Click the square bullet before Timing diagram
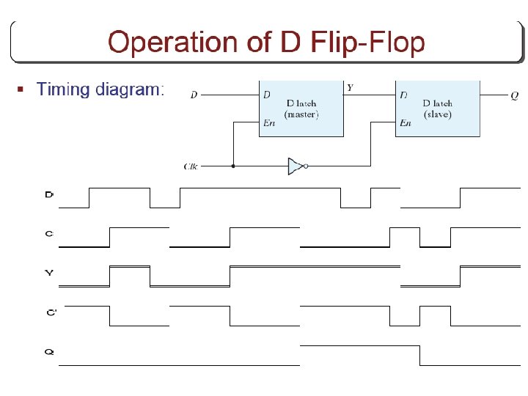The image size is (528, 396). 21,90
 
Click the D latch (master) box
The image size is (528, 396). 301,108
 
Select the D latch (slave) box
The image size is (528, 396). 437,108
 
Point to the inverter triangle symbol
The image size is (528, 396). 295,166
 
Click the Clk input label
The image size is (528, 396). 190,166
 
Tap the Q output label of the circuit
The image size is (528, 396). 514,95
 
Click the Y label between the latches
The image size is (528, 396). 350,87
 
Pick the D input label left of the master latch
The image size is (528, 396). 194,95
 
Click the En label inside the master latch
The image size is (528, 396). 269,123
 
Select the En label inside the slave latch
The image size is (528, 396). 405,123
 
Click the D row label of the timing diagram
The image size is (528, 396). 49,195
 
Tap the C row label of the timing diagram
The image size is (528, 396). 49,234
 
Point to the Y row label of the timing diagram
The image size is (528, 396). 49,273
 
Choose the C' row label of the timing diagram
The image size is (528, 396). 51,312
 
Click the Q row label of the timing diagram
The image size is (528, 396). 49,352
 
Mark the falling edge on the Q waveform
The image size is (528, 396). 420,355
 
